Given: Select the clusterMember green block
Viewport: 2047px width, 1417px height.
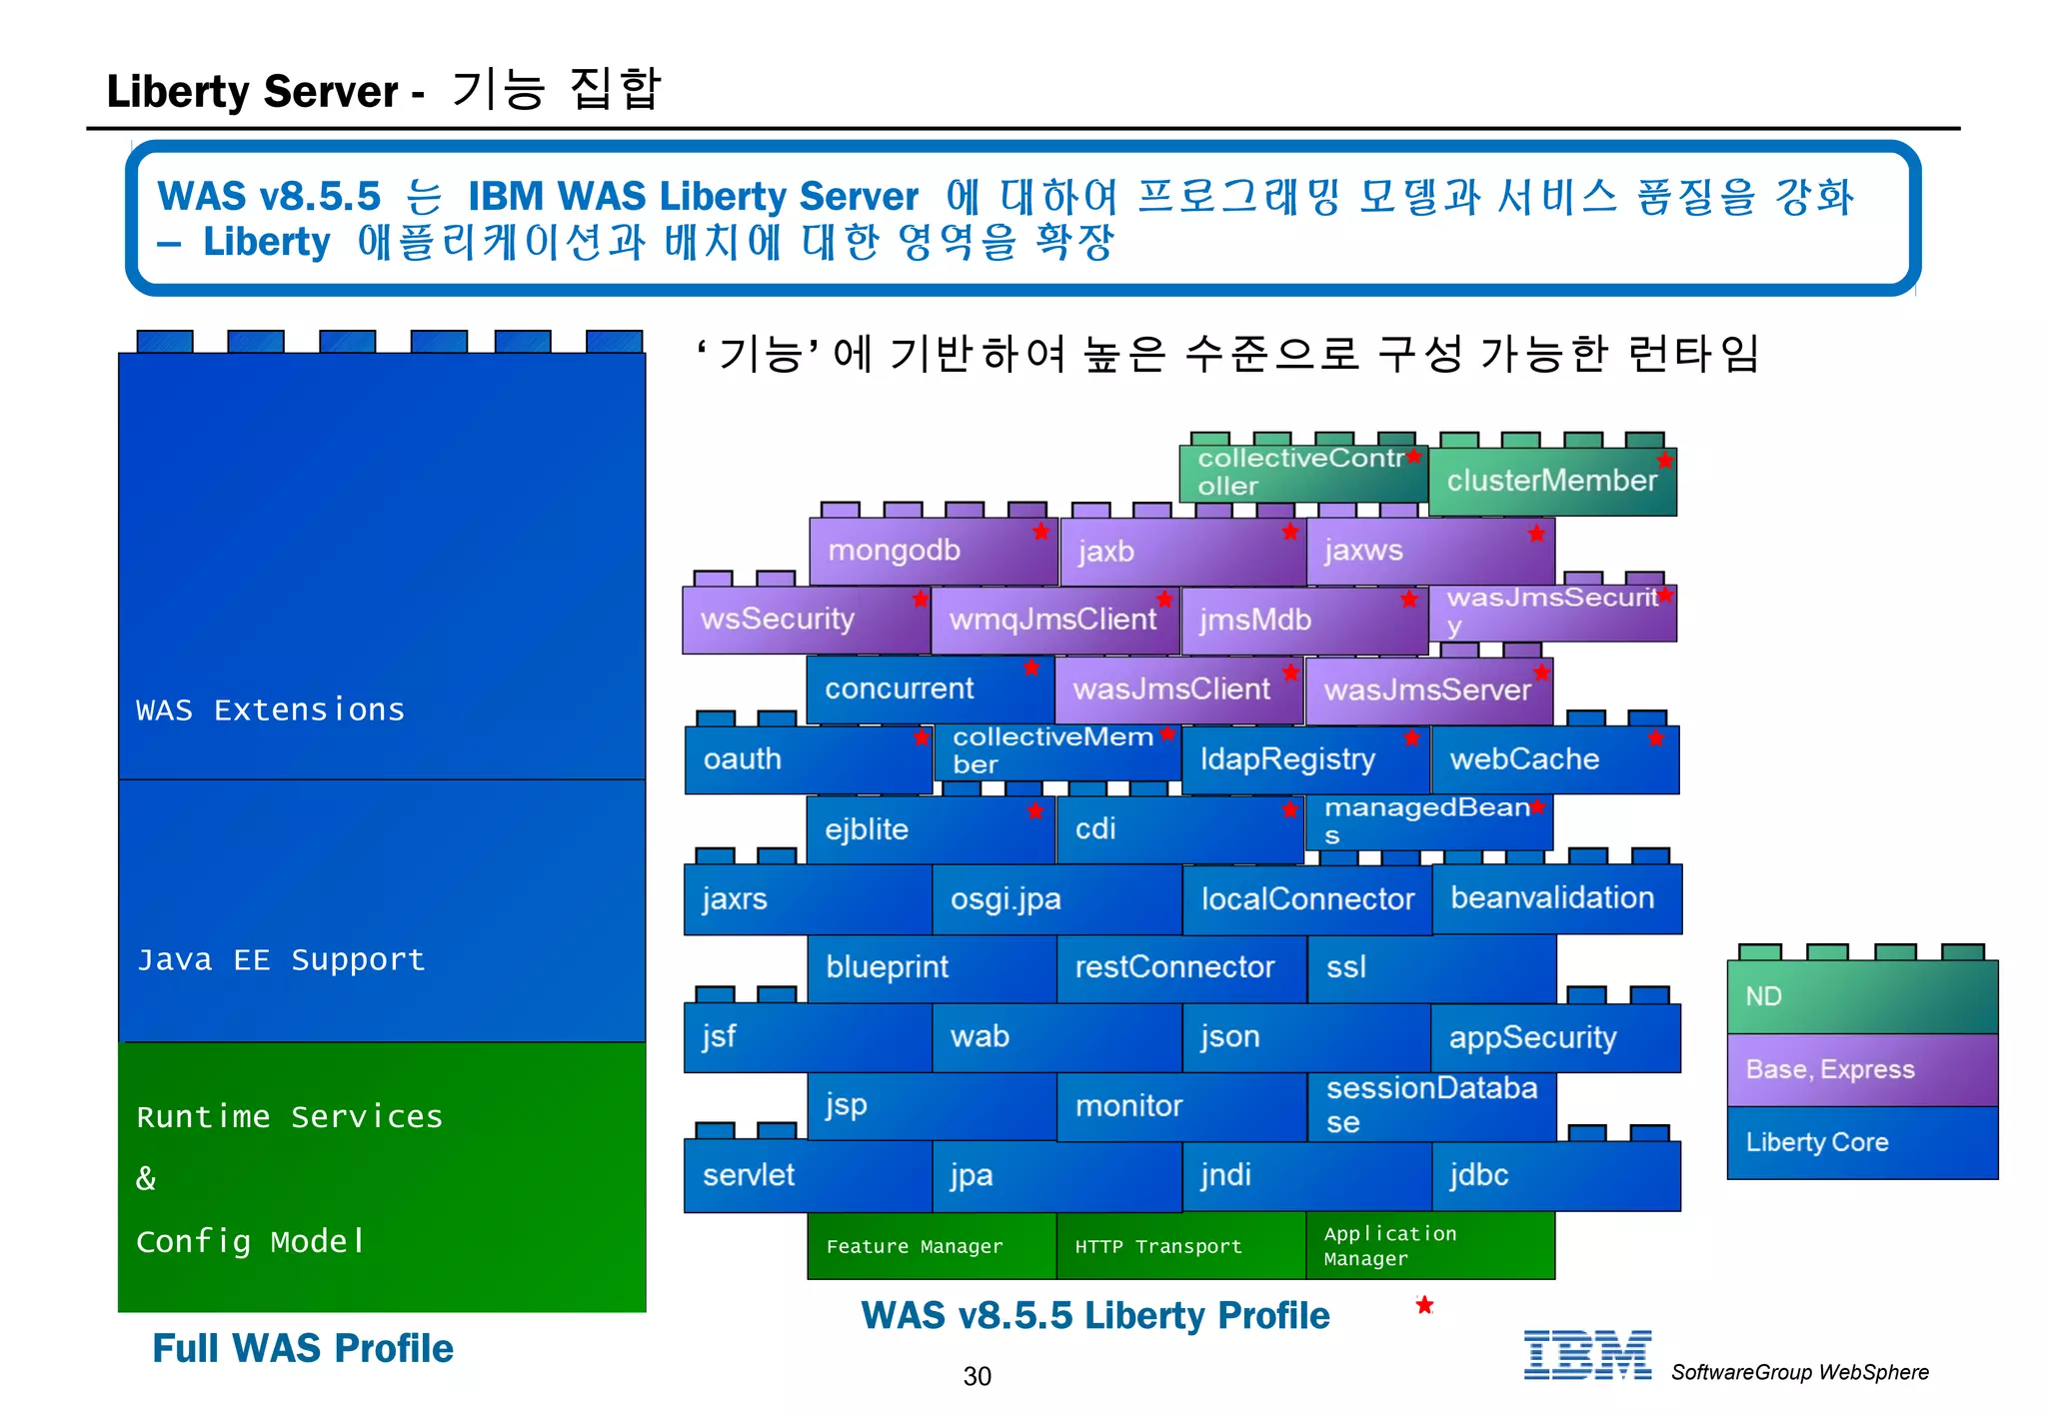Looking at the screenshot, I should [x=1551, y=481].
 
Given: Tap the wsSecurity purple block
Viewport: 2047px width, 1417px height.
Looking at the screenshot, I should [x=806, y=620].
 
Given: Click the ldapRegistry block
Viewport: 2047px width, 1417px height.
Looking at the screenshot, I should [x=1304, y=759].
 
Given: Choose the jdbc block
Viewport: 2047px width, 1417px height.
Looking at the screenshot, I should [x=1555, y=1175].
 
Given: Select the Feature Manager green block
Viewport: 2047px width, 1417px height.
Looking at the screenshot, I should [x=931, y=1246].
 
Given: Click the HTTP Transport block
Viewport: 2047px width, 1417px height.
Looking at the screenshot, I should [x=1180, y=1246].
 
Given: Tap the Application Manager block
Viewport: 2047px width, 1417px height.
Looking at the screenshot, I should [x=1429, y=1246].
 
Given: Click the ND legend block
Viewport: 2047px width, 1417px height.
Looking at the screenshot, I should [x=1861, y=996].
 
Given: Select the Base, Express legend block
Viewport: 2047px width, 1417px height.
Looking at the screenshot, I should [x=1861, y=1069].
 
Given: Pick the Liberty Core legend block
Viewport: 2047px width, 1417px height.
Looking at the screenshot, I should [x=1861, y=1142].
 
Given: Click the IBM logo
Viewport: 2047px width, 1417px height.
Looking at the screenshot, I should [x=1587, y=1356].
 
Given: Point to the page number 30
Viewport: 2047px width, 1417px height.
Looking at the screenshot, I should [x=977, y=1376].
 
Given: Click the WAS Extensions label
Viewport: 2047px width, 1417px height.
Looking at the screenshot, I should [x=270, y=709].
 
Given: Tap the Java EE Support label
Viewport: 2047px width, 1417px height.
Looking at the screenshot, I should [x=281, y=959].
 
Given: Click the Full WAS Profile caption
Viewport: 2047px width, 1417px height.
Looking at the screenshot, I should [x=302, y=1348].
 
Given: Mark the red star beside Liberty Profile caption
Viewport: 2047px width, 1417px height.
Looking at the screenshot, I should [x=1424, y=1305].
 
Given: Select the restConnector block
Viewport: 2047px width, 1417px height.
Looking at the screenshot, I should [x=1180, y=967].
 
